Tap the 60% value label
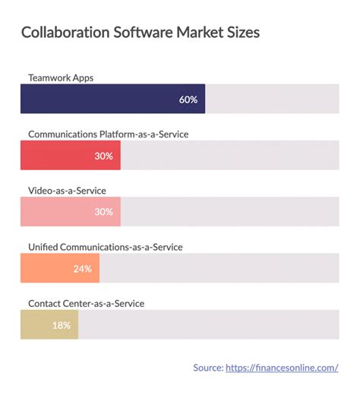pos(188,100)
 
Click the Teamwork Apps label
pos(61,77)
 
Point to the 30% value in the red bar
pos(104,156)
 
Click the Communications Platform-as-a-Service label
pos(108,134)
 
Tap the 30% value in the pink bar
pos(104,213)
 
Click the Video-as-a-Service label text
pos(67,191)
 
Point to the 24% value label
pos(83,269)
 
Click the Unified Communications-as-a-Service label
pos(105,247)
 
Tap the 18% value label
pos(62,326)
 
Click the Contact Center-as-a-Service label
pos(86,303)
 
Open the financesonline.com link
pos(282,368)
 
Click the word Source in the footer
pos(207,368)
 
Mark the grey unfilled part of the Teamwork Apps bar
pos(272,99)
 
